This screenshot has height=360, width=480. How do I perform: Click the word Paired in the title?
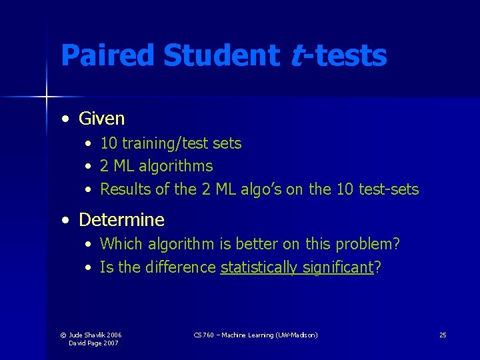point(107,56)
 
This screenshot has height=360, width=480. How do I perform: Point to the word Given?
point(101,119)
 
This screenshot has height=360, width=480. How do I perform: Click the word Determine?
point(121,219)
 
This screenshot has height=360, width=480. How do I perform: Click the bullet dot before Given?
point(65,119)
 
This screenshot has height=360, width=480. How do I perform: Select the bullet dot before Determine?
point(65,220)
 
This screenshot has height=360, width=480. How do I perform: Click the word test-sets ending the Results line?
point(389,189)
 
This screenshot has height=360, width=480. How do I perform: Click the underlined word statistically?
point(259,267)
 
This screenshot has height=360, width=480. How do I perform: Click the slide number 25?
point(443,335)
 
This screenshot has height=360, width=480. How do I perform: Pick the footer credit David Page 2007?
point(95,343)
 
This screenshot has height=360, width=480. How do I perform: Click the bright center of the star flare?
point(47,97)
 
